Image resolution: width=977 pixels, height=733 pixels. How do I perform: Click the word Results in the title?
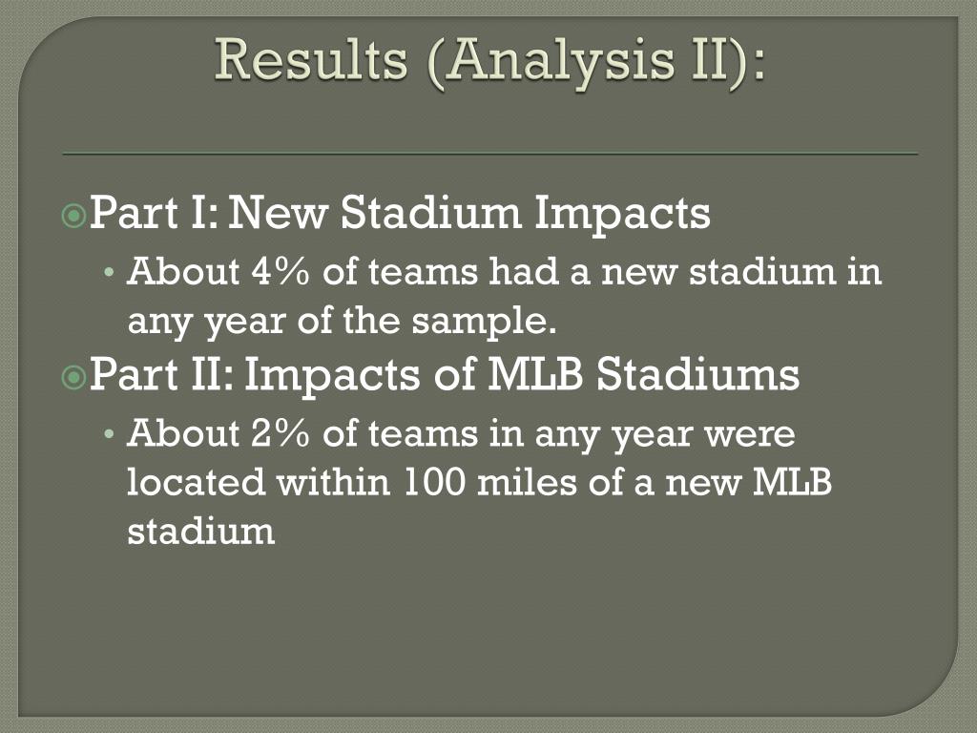tap(311, 60)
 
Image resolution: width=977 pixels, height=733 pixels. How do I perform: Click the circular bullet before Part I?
tap(74, 216)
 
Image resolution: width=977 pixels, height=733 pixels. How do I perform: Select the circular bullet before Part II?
tap(74, 377)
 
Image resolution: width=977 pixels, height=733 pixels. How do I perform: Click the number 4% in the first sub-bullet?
tap(280, 271)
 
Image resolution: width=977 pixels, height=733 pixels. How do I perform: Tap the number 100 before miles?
tap(434, 481)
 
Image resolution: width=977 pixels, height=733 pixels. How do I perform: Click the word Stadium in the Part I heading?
tap(430, 212)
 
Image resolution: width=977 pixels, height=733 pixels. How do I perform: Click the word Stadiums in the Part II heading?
tap(697, 373)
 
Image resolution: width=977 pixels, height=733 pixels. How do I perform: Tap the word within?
tap(333, 481)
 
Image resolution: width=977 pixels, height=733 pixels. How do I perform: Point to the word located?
tap(197, 481)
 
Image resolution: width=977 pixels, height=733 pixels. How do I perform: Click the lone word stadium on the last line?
tap(200, 531)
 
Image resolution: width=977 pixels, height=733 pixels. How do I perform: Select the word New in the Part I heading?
tap(278, 212)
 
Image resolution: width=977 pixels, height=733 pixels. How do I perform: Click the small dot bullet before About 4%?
tap(110, 272)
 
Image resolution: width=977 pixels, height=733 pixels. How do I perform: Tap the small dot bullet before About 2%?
tap(110, 434)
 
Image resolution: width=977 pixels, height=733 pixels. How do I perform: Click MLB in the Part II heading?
tap(534, 374)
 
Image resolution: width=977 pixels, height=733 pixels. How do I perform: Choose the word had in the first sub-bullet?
tap(524, 271)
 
